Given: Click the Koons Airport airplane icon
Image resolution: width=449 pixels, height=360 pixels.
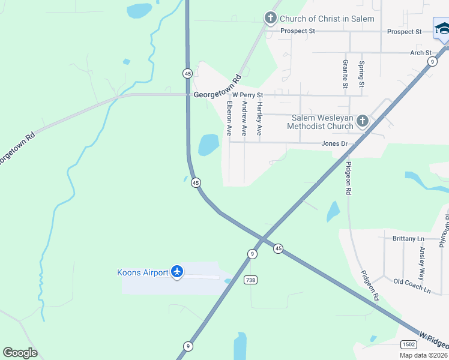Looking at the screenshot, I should pyautogui.click(x=177, y=272).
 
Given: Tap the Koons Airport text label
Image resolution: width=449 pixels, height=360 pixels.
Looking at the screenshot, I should pyautogui.click(x=143, y=272).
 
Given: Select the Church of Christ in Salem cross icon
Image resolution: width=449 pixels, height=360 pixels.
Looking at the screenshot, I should pyautogui.click(x=271, y=19).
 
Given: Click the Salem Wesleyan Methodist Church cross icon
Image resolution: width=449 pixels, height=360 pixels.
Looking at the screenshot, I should pyautogui.click(x=362, y=122).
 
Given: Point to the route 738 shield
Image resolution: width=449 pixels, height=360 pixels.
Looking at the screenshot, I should pyautogui.click(x=251, y=280).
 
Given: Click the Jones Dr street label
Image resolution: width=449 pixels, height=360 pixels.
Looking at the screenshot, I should pyautogui.click(x=334, y=144).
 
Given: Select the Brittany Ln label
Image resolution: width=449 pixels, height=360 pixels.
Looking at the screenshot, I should pyautogui.click(x=408, y=239).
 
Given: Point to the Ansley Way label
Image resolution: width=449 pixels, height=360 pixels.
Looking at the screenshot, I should pyautogui.click(x=421, y=263).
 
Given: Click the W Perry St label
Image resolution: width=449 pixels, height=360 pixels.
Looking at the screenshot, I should pyautogui.click(x=248, y=95).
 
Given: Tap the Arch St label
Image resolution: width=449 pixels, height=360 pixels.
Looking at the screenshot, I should pyautogui.click(x=421, y=53).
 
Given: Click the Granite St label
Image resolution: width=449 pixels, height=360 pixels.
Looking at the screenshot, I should pyautogui.click(x=345, y=74).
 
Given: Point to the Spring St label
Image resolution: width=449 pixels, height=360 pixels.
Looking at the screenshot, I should pyautogui.click(x=361, y=74).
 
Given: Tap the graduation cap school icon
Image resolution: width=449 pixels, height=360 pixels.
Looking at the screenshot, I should pyautogui.click(x=442, y=29).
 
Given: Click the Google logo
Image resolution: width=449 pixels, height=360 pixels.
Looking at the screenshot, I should pyautogui.click(x=20, y=353).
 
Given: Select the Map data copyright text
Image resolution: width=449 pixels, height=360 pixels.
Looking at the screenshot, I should pyautogui.click(x=423, y=355).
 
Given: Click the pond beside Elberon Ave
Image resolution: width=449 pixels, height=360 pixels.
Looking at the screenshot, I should pyautogui.click(x=208, y=144).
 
